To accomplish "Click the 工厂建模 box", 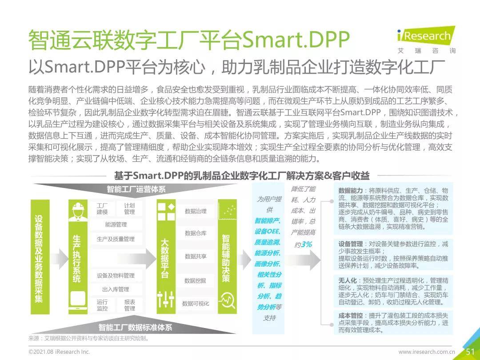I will click(x=102, y=209).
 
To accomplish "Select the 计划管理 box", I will click(x=129, y=209).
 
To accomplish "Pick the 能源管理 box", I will click(x=116, y=225).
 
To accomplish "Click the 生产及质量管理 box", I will click(x=116, y=239).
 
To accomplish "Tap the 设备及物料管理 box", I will click(x=116, y=276).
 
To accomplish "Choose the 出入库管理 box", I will click(x=116, y=290).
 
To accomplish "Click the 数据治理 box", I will click(x=196, y=212).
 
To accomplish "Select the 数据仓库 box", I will click(x=196, y=233).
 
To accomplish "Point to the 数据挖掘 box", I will click(x=196, y=280).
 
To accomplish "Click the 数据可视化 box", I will click(x=196, y=304).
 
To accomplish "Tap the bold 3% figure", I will click(x=306, y=244).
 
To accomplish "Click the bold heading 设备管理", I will click(x=351, y=244).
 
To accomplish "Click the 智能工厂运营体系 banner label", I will click(x=136, y=189).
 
